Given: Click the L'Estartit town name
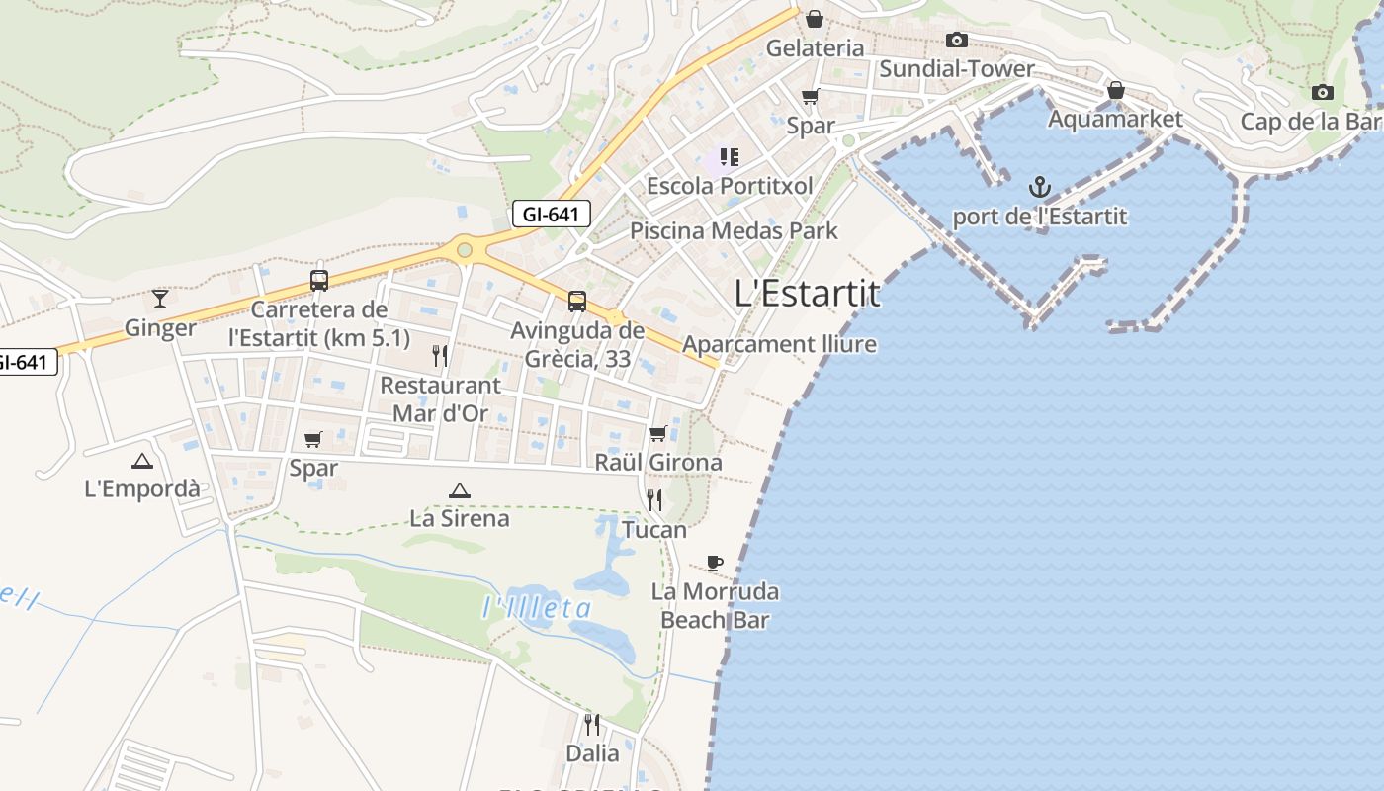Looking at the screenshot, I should tap(808, 294).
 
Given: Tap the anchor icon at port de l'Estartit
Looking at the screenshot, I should tap(1039, 186).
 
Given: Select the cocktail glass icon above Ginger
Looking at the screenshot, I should tap(160, 298).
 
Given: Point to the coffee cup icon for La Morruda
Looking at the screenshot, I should tap(715, 563).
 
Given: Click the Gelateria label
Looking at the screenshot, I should tap(815, 47).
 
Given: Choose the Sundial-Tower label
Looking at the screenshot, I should tap(956, 68).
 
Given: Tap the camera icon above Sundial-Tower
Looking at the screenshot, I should tap(956, 40).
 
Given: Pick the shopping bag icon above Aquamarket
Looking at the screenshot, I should tap(1115, 90).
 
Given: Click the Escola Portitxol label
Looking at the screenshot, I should tap(730, 185).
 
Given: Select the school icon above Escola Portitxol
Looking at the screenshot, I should tap(730, 156).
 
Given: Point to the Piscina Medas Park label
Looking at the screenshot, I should tap(734, 231).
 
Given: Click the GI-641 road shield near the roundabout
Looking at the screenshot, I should tap(551, 214).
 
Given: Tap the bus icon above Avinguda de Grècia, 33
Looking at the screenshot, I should tap(577, 302).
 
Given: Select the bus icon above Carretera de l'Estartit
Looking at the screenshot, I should tap(318, 280).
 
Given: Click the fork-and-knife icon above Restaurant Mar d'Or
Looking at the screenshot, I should tap(440, 355).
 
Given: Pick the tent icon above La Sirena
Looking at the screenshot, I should tap(459, 489).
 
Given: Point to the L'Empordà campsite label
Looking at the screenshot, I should tap(142, 488).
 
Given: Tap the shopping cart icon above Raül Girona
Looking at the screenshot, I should tap(658, 433).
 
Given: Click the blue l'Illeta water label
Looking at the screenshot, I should tap(537, 608).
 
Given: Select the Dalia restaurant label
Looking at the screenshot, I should tap(592, 753).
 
